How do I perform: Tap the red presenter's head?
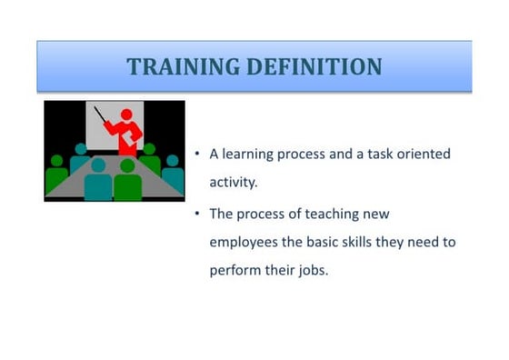pyautogui.click(x=127, y=115)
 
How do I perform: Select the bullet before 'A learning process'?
pyautogui.click(x=198, y=155)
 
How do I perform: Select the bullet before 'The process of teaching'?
pyautogui.click(x=198, y=214)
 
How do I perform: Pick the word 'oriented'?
pyautogui.click(x=424, y=155)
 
